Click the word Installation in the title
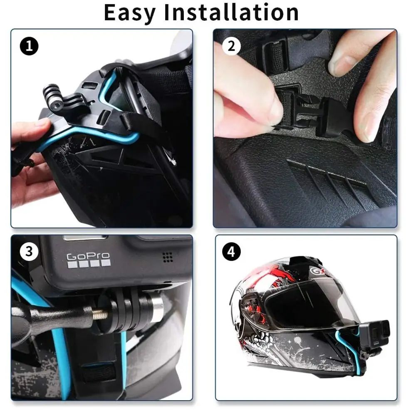coord(231,13)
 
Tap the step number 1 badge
coord(29,46)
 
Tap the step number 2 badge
coord(231,46)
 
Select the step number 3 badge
coord(29,251)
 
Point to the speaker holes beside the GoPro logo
coord(168,258)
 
